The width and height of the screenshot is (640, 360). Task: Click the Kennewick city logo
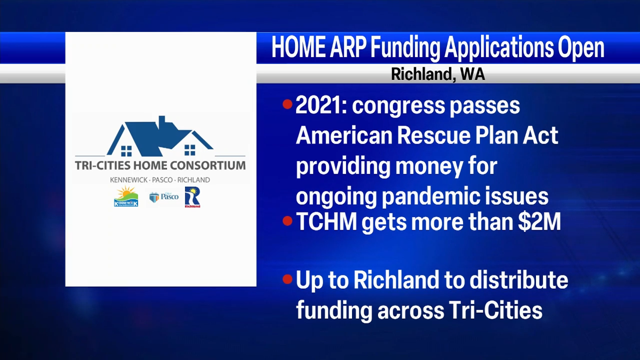pos(126,196)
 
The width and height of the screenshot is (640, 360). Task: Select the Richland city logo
pos(193,197)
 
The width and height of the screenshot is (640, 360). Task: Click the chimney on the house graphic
pos(162,123)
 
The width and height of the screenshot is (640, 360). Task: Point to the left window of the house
pos(126,151)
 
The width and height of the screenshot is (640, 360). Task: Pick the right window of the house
pos(190,150)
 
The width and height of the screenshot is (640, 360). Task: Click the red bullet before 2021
pos(287,105)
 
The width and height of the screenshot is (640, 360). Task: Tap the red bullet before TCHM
pos(287,221)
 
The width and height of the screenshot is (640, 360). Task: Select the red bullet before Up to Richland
pos(287,279)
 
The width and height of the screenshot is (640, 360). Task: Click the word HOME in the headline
pos(298,47)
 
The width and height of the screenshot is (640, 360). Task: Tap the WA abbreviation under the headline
pos(473,74)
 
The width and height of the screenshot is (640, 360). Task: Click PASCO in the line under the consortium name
pos(162,180)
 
